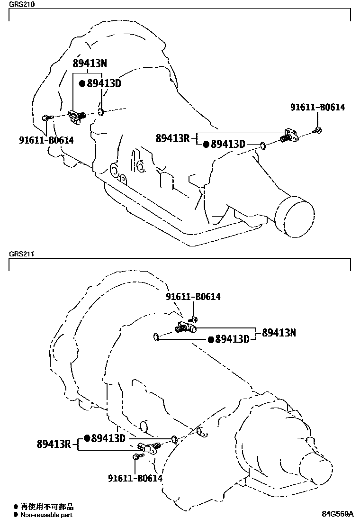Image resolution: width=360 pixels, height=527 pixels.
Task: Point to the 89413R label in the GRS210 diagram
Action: point(172,138)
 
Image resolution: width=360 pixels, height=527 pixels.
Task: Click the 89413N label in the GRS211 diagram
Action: point(279,333)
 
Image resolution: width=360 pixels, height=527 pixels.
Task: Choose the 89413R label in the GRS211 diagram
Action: point(54,444)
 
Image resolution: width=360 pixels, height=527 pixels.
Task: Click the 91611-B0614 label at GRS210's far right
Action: point(317,108)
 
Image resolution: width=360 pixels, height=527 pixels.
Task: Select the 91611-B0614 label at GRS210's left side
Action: point(46,140)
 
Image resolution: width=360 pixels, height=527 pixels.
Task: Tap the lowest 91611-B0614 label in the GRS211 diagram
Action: point(135,478)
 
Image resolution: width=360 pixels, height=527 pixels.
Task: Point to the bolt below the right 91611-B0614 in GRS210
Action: point(317,130)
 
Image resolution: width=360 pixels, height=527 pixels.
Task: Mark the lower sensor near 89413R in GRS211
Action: point(150,447)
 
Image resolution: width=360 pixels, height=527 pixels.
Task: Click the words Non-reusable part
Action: point(46,515)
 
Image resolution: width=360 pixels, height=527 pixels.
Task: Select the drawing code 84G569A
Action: point(338,514)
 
